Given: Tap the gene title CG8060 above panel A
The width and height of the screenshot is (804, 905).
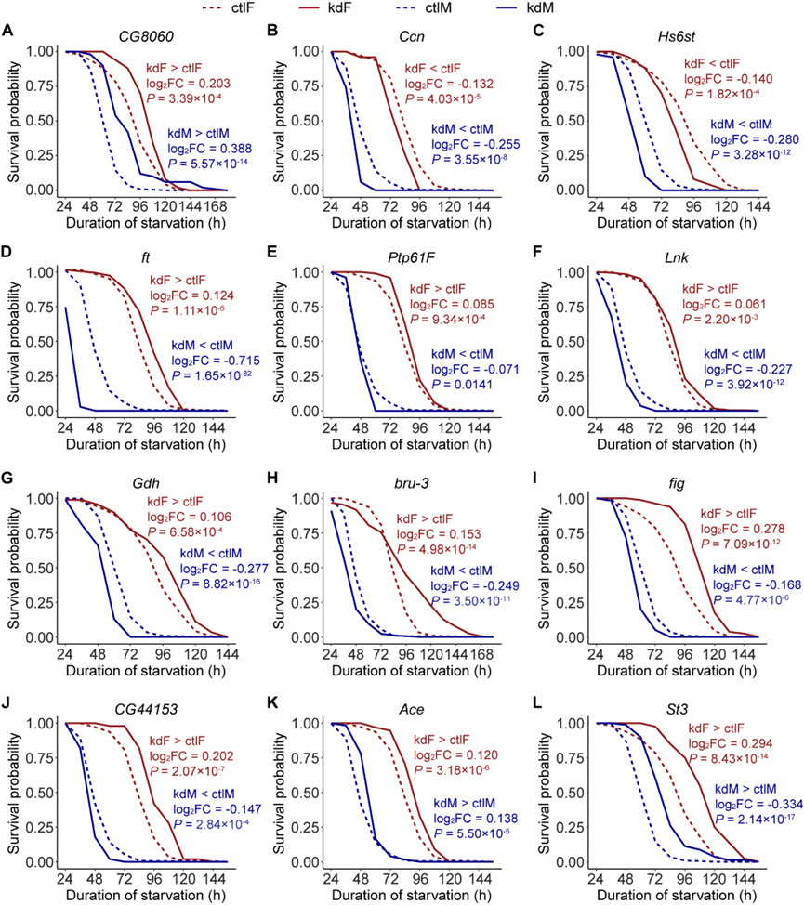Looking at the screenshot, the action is coord(145,37).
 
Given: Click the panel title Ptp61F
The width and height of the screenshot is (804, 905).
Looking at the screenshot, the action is coord(411,257).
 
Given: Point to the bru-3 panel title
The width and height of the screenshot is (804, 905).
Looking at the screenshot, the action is coord(412,483).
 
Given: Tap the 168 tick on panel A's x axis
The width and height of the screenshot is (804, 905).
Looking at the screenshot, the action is coord(216,206).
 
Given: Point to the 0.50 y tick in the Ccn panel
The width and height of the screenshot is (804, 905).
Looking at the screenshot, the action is coord(306,121).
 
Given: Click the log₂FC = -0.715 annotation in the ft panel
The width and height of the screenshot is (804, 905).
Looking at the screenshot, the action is coord(216,361).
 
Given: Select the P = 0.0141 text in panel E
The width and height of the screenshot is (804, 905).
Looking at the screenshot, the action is coord(462,385).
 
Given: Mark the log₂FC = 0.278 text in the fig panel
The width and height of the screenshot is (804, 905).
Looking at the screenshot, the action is coord(743,529).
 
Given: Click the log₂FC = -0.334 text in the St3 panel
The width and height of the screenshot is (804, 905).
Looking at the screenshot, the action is coord(759,804).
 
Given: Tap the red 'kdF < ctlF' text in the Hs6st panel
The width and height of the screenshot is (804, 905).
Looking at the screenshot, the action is coord(712,63).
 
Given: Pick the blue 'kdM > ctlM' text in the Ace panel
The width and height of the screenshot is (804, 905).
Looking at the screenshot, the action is coord(464,803).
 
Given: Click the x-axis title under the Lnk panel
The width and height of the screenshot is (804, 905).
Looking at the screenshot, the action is coord(677,444).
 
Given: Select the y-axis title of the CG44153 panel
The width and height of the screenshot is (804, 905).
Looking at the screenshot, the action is coord(13,793).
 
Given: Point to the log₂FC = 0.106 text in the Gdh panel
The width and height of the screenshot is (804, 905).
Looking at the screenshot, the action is coord(190,518).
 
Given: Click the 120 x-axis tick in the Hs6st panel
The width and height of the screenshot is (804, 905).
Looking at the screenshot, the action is coord(726,206).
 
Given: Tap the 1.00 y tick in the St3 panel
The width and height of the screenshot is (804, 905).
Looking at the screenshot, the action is coord(571,723).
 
